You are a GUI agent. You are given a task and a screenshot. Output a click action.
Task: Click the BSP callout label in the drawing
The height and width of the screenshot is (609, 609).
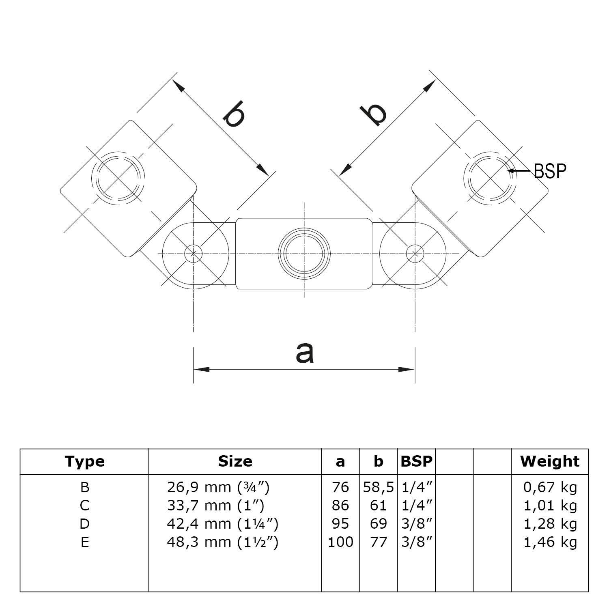[550, 171]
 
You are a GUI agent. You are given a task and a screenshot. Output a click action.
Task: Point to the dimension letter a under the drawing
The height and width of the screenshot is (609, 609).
[305, 352]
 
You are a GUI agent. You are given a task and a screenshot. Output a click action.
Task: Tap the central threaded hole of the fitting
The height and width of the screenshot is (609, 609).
[304, 254]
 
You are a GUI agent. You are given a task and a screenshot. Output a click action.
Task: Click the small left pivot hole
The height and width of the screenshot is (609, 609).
[194, 253]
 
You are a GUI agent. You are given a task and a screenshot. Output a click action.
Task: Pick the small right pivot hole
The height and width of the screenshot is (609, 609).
[415, 253]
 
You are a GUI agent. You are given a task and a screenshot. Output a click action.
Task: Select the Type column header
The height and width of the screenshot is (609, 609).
[85, 462]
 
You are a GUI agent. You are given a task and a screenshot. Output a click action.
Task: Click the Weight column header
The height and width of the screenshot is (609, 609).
[550, 462]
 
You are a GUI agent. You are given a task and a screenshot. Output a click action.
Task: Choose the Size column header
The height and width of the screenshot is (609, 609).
[235, 462]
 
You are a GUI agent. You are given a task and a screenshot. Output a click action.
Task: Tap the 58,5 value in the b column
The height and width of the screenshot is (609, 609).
[378, 487]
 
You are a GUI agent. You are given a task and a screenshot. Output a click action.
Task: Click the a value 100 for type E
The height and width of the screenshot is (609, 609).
[340, 542]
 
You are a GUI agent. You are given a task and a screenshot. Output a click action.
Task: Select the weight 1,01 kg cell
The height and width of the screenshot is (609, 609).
[550, 506]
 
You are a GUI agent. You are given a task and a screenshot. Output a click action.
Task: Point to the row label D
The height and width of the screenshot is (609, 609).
[84, 524]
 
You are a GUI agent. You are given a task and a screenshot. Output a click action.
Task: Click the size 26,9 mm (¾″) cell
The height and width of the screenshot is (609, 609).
[218, 487]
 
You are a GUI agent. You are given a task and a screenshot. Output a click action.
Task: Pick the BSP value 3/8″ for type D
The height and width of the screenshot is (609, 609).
[416, 524]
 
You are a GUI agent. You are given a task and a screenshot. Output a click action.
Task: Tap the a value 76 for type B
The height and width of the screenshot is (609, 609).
[340, 487]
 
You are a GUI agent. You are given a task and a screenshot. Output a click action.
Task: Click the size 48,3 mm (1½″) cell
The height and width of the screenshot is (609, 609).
[222, 542]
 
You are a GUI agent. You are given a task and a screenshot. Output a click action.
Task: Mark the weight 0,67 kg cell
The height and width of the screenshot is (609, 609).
[550, 487]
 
